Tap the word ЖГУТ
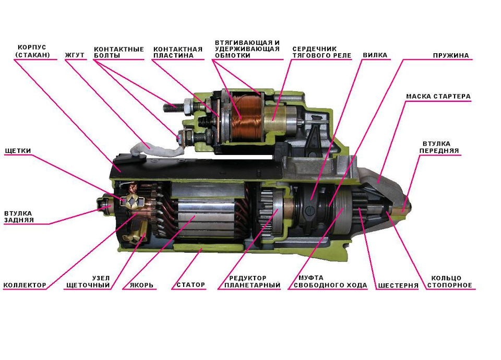(x=75, y=54)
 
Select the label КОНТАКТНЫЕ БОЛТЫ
(x=118, y=52)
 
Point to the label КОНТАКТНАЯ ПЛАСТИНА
(x=177, y=52)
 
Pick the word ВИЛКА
(x=375, y=54)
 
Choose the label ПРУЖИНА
(x=451, y=55)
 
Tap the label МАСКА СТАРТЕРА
(x=438, y=97)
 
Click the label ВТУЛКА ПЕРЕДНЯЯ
(x=440, y=147)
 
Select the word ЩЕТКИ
(x=18, y=151)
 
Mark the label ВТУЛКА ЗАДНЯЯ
(x=18, y=217)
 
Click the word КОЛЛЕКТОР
(x=25, y=285)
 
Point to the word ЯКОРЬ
(x=138, y=285)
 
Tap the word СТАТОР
(x=190, y=285)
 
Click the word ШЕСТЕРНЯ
(x=398, y=286)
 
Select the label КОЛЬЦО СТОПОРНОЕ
(x=451, y=282)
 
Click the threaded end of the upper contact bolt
(x=171, y=108)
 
